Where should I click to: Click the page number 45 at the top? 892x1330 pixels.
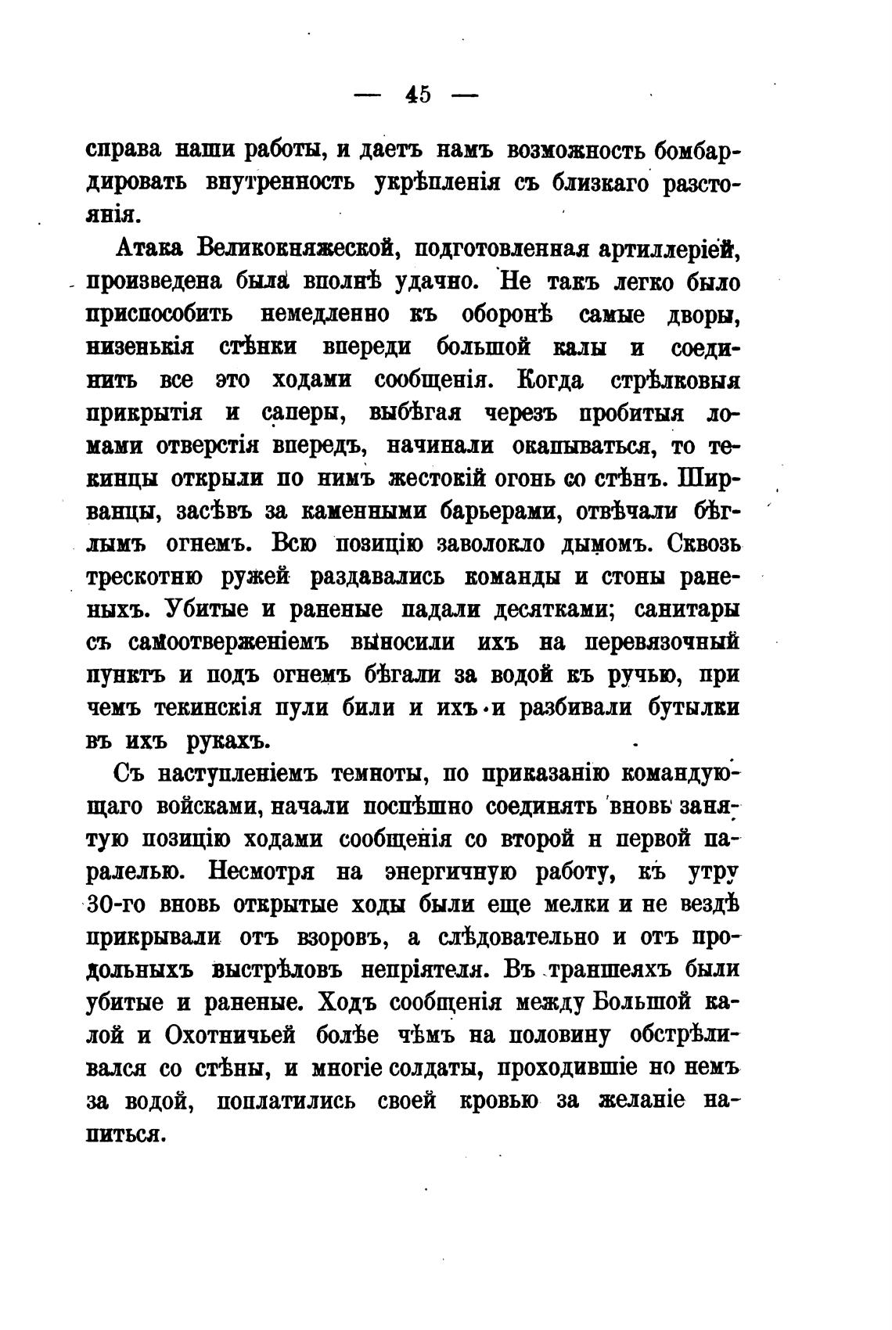tap(418, 95)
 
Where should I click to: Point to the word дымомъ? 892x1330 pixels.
tap(599, 543)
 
